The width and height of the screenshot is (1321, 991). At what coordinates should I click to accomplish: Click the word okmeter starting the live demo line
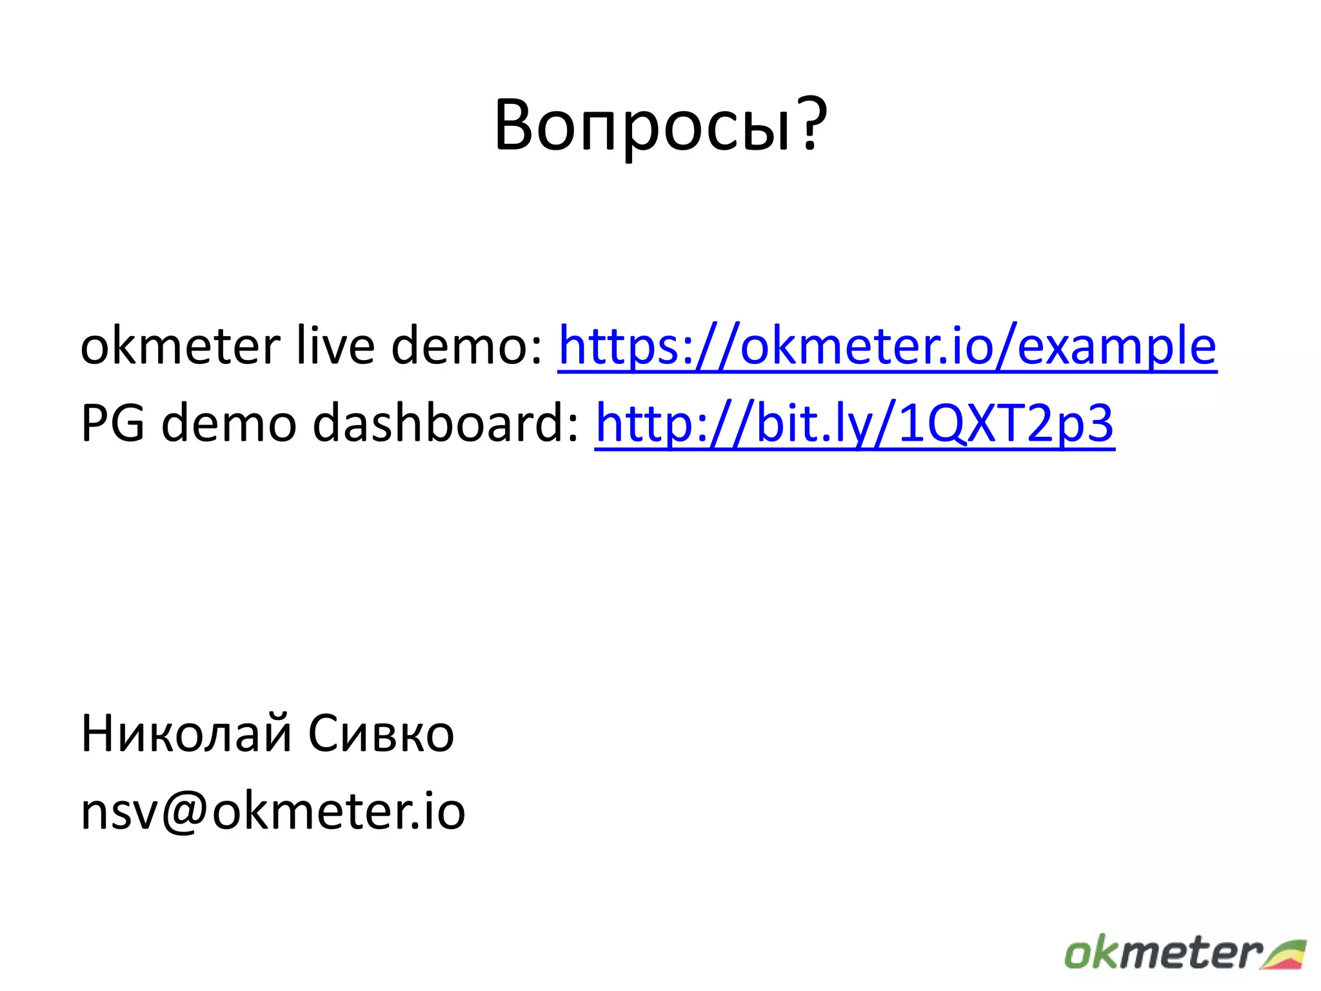click(180, 346)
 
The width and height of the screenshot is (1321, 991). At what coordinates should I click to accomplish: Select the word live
click(335, 346)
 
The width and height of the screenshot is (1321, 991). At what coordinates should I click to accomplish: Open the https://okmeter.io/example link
click(887, 346)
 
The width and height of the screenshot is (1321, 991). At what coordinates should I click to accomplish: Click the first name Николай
click(186, 734)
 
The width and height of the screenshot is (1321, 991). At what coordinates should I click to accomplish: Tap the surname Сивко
click(381, 734)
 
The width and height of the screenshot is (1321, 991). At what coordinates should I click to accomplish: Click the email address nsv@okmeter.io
click(273, 812)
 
